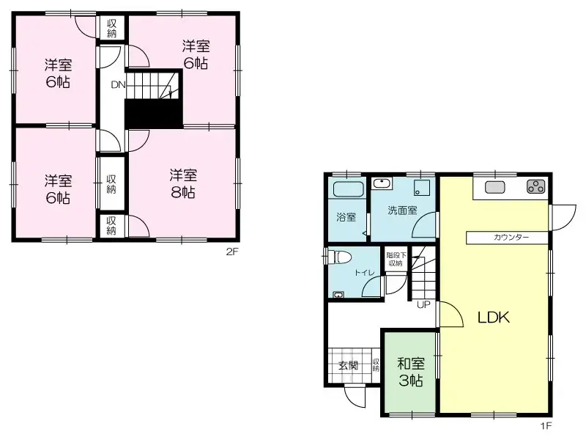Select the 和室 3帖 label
(x=410, y=372)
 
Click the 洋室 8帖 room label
(x=183, y=183)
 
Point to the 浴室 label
(x=346, y=218)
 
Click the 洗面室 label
(x=402, y=210)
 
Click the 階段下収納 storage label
(x=396, y=259)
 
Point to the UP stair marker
(x=423, y=304)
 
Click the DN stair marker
(x=118, y=85)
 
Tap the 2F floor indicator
(x=232, y=252)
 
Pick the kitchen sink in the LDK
(x=495, y=187)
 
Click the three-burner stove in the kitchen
(x=535, y=187)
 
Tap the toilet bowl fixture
(x=339, y=256)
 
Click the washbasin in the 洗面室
(x=381, y=183)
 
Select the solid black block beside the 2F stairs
(x=153, y=114)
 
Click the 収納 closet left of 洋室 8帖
(x=111, y=183)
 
